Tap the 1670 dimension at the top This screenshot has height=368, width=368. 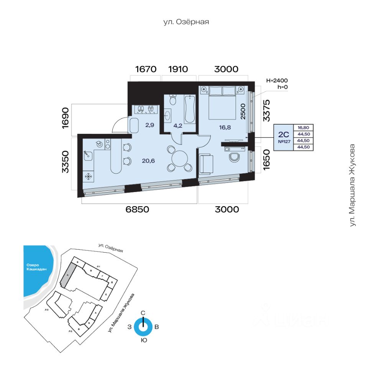pyautogui.click(x=146, y=69)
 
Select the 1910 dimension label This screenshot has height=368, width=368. pyautogui.click(x=178, y=69)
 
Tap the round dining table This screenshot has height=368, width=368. pyautogui.click(x=179, y=158)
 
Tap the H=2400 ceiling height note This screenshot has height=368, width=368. pyautogui.click(x=276, y=80)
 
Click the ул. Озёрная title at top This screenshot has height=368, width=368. pyautogui.click(x=186, y=22)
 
